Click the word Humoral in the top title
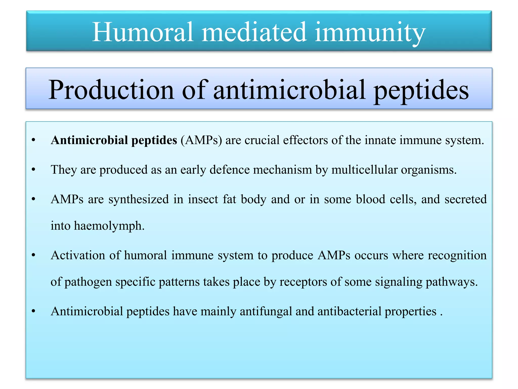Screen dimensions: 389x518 pos(143,32)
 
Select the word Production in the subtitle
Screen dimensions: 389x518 pos(111,90)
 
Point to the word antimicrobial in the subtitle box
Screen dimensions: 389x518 pos(289,90)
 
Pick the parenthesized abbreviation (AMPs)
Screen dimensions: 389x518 pos(201,140)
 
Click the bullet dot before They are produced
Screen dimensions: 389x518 pos(33,170)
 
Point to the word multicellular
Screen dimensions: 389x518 pos(364,170)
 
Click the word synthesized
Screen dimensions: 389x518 pos(138,199)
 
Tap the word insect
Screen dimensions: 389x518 pos(203,199)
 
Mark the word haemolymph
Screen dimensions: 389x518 pos(109,225)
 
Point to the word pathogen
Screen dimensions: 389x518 pos(88,282)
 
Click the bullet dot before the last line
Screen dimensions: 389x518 pos(33,312)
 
